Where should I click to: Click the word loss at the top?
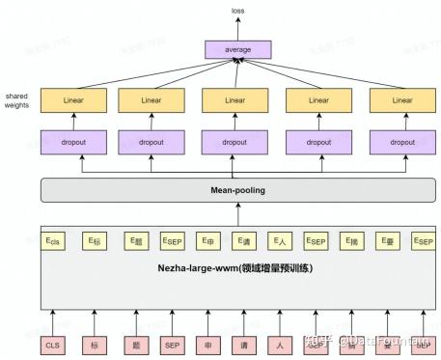[236, 11]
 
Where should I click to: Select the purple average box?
[236, 48]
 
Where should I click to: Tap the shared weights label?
[16, 100]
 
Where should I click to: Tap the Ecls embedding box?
[53, 240]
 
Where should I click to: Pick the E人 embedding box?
[280, 240]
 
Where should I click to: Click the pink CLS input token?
[53, 342]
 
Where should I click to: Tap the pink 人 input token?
[280, 342]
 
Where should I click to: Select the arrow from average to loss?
[236, 28]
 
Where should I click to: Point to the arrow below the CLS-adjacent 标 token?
[94, 318]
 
